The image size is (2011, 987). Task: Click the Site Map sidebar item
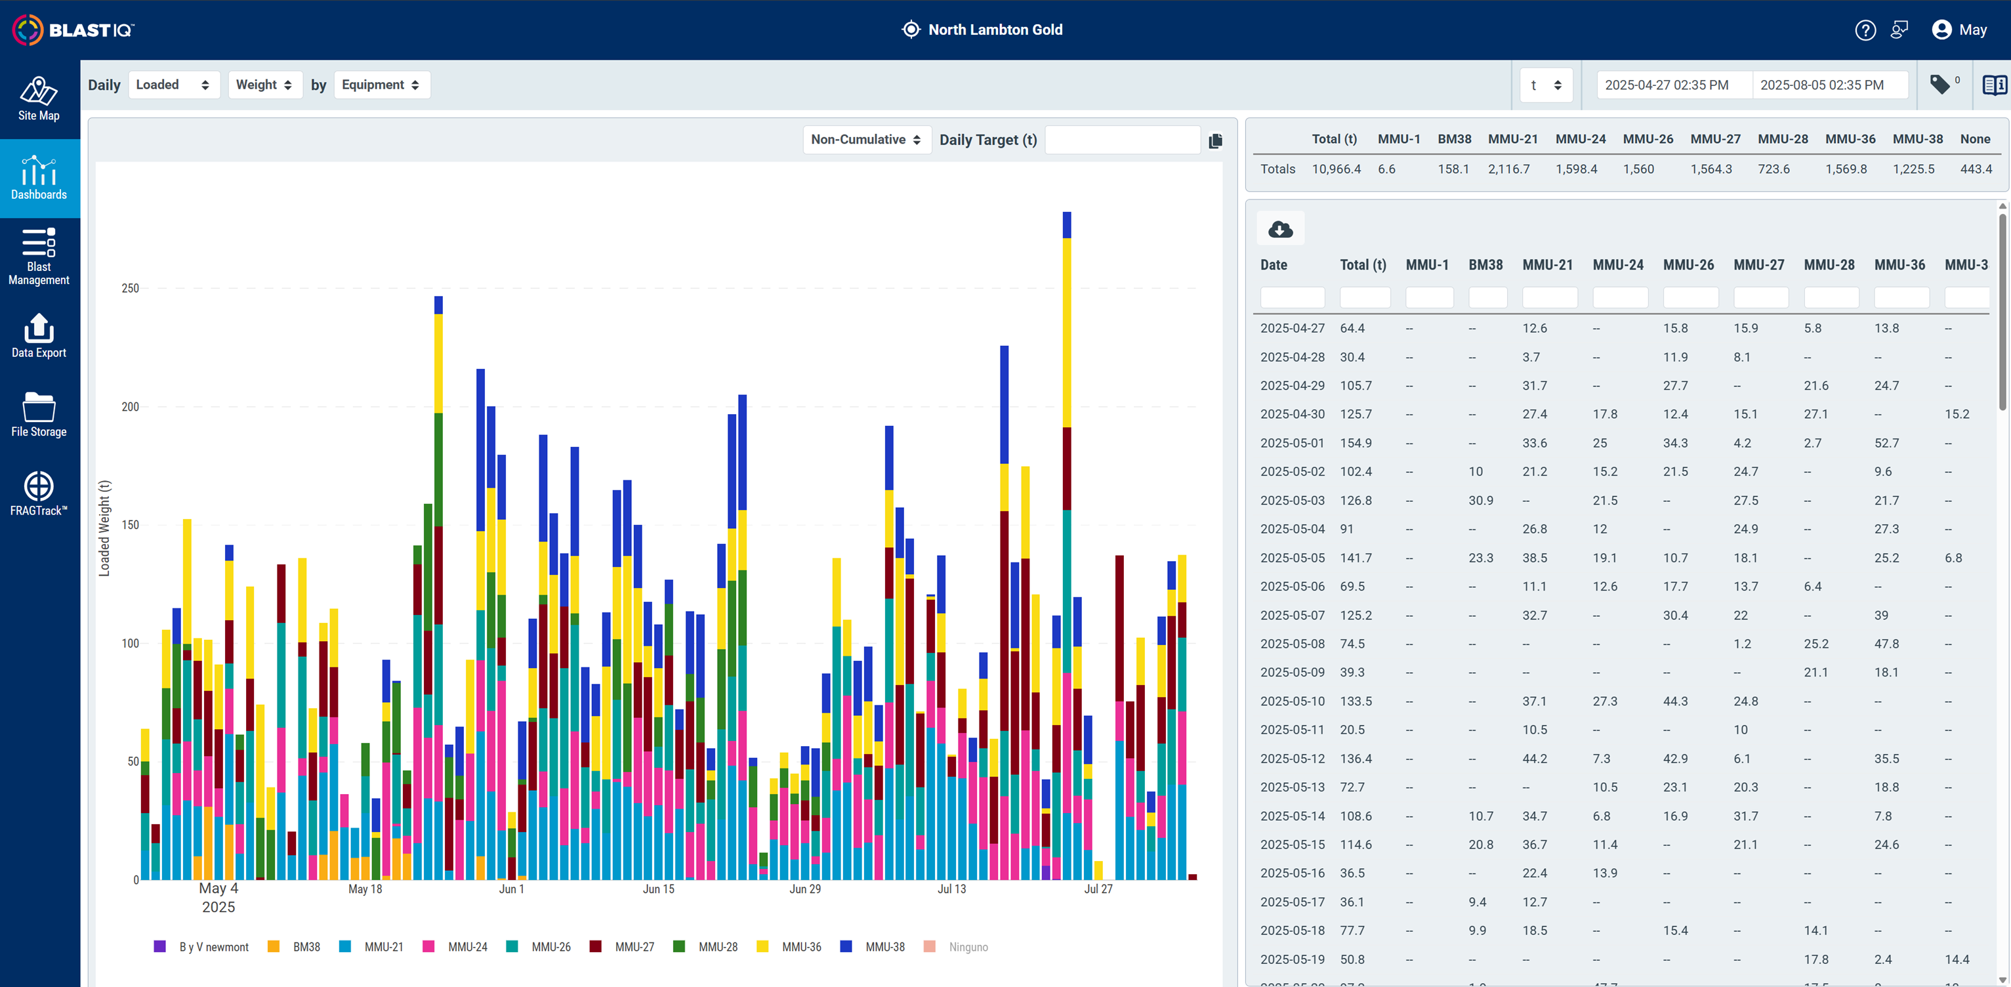tap(39, 99)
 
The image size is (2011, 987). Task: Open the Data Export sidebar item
tap(39, 336)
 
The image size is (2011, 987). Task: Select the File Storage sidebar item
tap(39, 415)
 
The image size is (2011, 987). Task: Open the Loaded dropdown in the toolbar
tap(173, 85)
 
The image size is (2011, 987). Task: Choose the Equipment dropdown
tap(382, 85)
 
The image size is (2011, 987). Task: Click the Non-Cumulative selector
tap(867, 140)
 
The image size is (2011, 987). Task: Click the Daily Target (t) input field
tap(1123, 140)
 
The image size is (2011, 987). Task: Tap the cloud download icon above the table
tap(1280, 229)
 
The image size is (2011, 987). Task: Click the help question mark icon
tap(1865, 30)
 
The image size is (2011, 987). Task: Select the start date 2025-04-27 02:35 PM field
tap(1667, 85)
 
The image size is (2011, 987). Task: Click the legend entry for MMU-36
tap(789, 947)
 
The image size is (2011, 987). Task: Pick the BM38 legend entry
tap(295, 947)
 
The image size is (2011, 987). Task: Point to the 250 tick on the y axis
tap(131, 288)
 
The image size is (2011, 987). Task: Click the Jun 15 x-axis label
tap(658, 889)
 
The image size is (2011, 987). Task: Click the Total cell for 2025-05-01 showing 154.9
tap(1356, 444)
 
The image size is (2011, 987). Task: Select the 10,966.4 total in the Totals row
tap(1336, 169)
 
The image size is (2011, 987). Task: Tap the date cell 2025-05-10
tap(1292, 702)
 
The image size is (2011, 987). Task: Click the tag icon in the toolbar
tap(1940, 85)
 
